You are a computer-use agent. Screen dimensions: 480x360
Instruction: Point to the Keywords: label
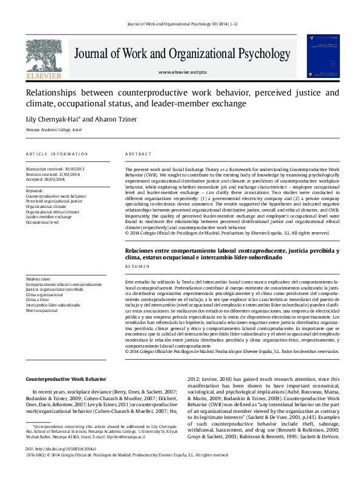[34, 191]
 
